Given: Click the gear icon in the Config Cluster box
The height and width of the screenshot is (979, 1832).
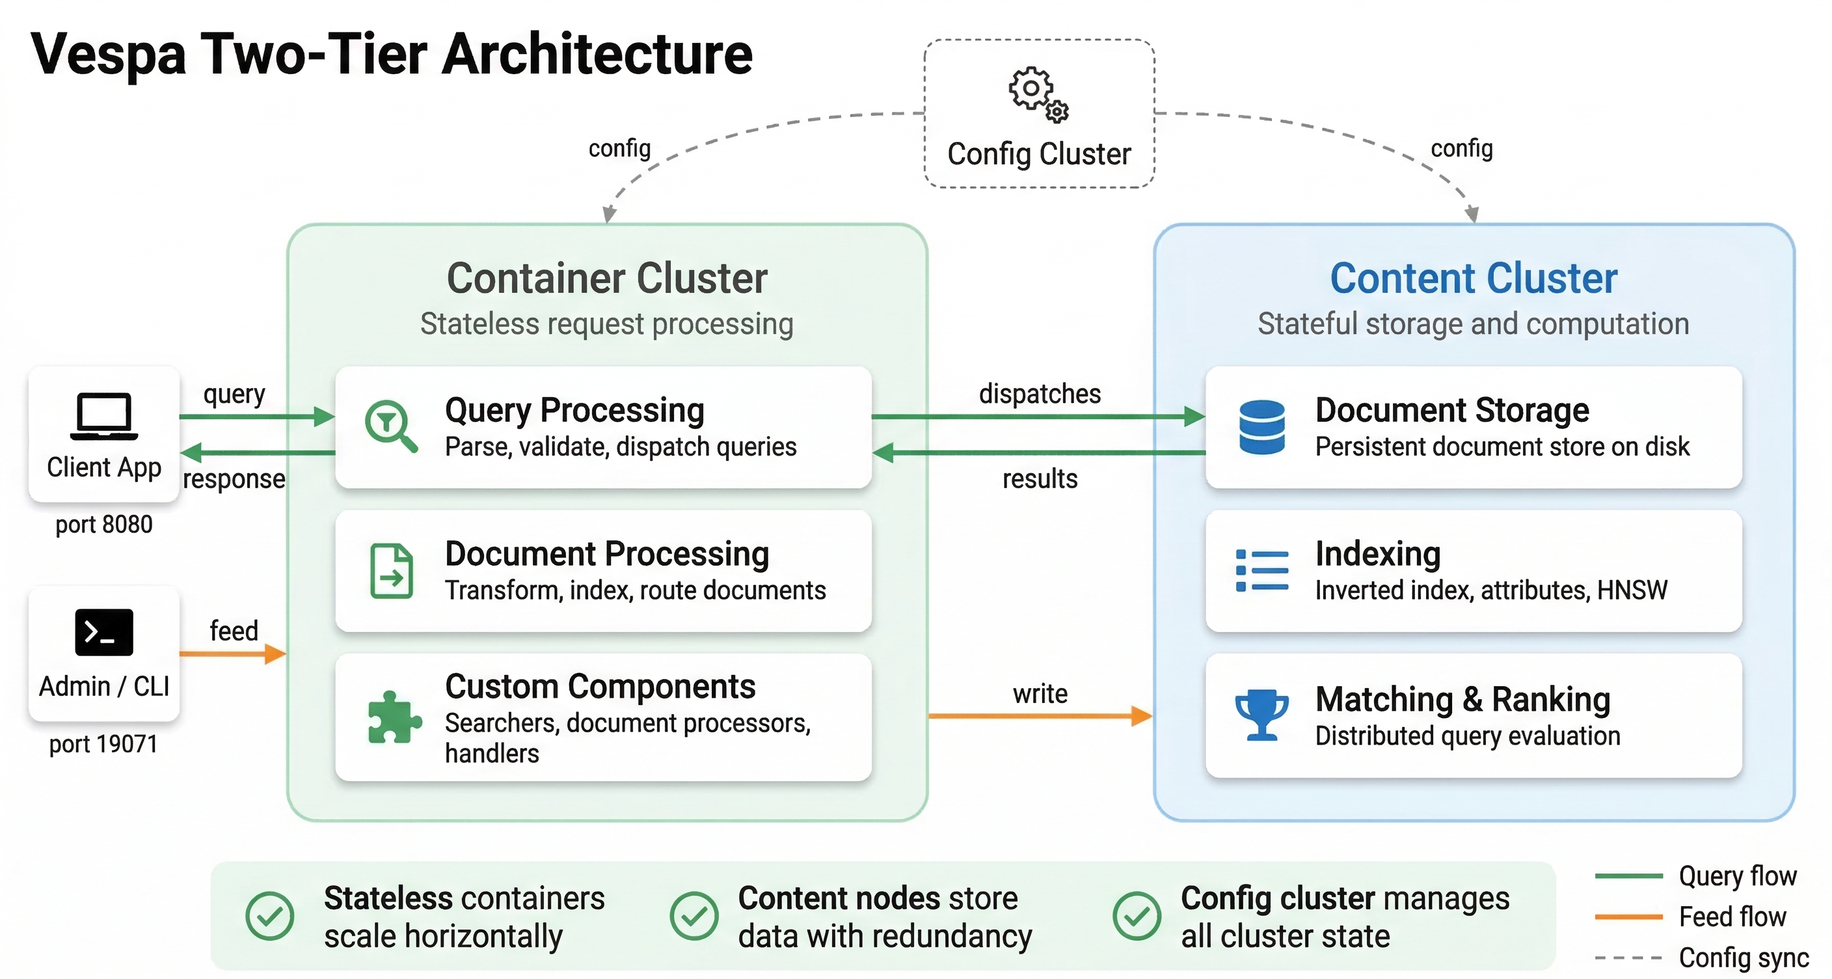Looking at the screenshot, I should click(x=1037, y=93).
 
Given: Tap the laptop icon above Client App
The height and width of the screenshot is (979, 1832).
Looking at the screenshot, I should click(x=104, y=415).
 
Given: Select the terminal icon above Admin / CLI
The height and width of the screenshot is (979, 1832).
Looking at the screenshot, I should click(x=104, y=632).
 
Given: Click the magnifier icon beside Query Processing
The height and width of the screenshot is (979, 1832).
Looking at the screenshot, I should click(x=390, y=426).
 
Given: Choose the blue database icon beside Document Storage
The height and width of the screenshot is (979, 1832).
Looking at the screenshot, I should click(x=1261, y=427).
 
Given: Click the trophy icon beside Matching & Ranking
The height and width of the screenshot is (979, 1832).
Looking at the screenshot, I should click(x=1261, y=714).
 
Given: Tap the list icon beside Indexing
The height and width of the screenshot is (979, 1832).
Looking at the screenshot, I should click(x=1261, y=570).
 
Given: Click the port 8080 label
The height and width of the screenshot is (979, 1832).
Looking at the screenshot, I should click(x=104, y=525).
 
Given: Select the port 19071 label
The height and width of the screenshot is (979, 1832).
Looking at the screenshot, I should click(x=103, y=744).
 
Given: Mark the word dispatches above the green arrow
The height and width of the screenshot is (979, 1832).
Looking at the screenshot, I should click(x=1040, y=393).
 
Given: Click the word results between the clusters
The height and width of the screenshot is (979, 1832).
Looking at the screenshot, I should click(x=1040, y=479).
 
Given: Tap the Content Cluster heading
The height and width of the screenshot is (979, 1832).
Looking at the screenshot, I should click(x=1474, y=278).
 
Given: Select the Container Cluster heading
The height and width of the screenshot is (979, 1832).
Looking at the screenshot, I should click(x=606, y=278).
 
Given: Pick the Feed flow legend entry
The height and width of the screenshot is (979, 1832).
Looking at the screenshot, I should click(x=1732, y=917).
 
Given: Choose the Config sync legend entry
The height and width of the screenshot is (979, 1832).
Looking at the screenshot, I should click(x=1743, y=958).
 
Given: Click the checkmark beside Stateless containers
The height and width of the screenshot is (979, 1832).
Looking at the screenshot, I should click(x=269, y=917).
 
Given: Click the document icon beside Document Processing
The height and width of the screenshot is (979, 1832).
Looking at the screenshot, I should click(x=391, y=571).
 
